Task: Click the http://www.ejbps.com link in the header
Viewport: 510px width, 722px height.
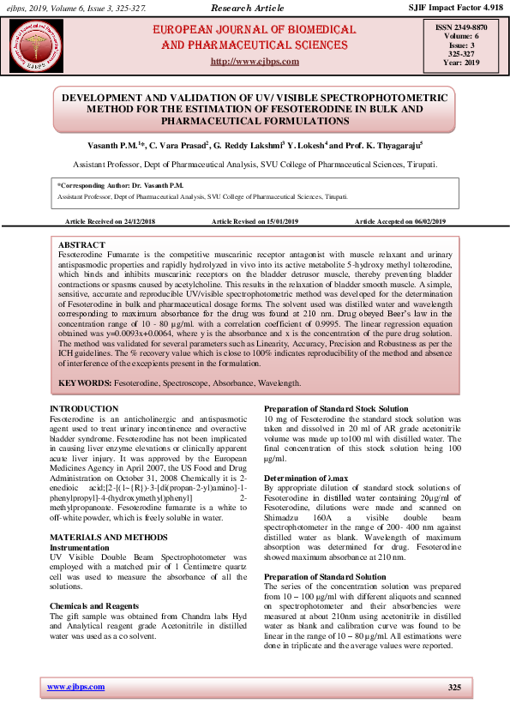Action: point(255,62)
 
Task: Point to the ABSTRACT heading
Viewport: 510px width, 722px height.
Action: point(82,245)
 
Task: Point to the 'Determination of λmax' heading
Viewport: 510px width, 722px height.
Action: point(306,477)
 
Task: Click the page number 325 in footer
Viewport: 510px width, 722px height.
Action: point(454,688)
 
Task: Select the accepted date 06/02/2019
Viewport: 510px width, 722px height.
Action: point(429,221)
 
